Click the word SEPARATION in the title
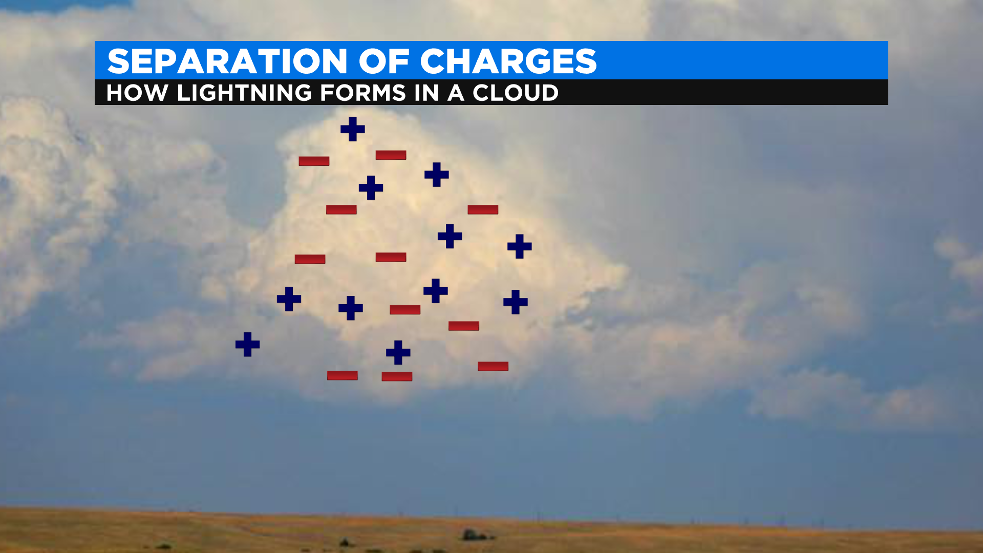click(x=228, y=61)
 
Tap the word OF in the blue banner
click(x=384, y=61)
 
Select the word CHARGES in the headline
click(x=508, y=61)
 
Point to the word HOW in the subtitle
click(x=137, y=93)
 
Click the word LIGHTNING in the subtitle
click(x=244, y=93)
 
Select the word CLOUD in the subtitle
click(x=516, y=93)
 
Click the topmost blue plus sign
click(x=353, y=129)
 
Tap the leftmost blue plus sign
click(x=247, y=345)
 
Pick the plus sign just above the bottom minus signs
click(x=398, y=353)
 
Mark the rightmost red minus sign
click(x=493, y=366)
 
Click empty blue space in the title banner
click(x=742, y=60)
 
